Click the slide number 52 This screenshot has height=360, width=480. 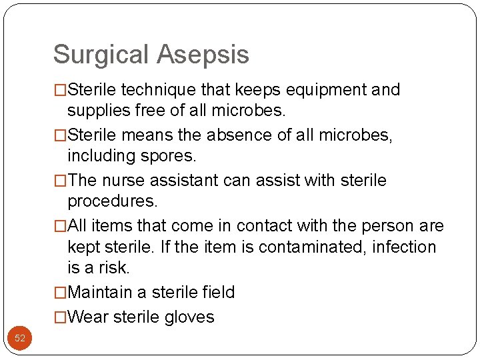tap(20, 338)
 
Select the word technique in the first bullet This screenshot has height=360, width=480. tap(149, 89)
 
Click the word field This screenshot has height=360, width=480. tap(217, 292)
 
